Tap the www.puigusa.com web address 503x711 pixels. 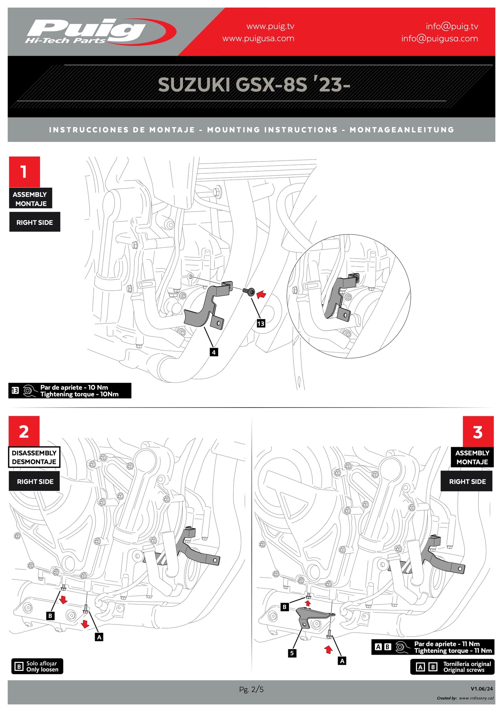click(258, 38)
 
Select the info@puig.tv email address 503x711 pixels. click(452, 26)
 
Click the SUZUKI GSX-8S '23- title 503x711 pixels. click(254, 85)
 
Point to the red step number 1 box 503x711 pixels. click(24, 172)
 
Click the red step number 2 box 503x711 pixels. click(24, 432)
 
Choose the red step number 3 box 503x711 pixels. click(478, 432)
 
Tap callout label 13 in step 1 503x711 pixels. click(261, 324)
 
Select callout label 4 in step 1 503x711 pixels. click(214, 352)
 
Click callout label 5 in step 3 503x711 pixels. click(292, 653)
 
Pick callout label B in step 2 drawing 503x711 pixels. click(50, 616)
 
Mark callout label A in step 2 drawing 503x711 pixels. click(99, 637)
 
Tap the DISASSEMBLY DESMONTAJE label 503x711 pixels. click(34, 457)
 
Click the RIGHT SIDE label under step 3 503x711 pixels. click(467, 482)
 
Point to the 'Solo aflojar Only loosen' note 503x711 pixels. click(38, 666)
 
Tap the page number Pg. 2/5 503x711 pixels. click(251, 689)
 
